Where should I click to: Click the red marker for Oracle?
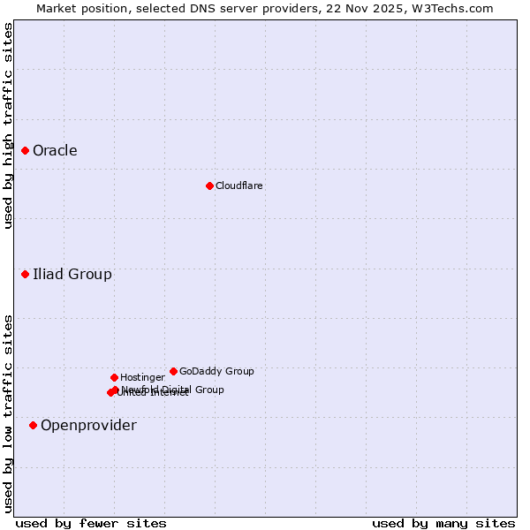pyautogui.click(x=25, y=151)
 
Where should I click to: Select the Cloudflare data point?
pyautogui.click(x=209, y=185)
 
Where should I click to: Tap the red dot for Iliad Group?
pyautogui.click(x=25, y=275)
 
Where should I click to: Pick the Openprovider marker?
pyautogui.click(x=33, y=426)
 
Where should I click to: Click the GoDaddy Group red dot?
pyautogui.click(x=173, y=372)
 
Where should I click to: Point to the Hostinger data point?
pyautogui.click(x=114, y=378)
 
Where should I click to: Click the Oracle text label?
pyautogui.click(x=55, y=151)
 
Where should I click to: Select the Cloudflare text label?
pyautogui.click(x=238, y=186)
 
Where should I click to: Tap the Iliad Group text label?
pyautogui.click(x=72, y=275)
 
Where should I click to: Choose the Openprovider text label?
pyautogui.click(x=88, y=426)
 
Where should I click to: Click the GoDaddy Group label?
pyautogui.click(x=216, y=372)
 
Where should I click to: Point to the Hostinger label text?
pyautogui.click(x=142, y=378)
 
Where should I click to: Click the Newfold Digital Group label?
pyautogui.click(x=173, y=390)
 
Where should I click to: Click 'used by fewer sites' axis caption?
pyautogui.click(x=91, y=523)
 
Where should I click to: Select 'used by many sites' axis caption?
pyautogui.click(x=443, y=523)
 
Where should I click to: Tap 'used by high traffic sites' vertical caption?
pyautogui.click(x=8, y=125)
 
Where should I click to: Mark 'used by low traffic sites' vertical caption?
pyautogui.click(x=8, y=413)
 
